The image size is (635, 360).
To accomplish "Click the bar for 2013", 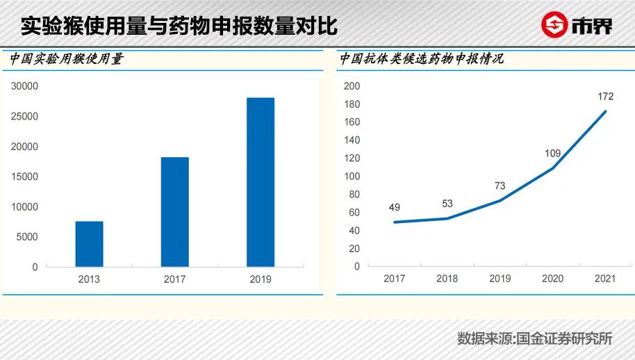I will [x=89, y=244].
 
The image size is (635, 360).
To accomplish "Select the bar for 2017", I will [x=174, y=212].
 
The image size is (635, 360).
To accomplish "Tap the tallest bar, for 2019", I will [x=261, y=182].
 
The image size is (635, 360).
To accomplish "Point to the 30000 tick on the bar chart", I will [x=24, y=86].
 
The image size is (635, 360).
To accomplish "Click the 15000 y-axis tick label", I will [x=24, y=177].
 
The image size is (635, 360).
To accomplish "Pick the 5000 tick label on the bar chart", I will [x=26, y=237].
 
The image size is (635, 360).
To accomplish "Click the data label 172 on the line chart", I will [x=605, y=96].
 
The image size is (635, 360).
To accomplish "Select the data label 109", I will [x=552, y=153].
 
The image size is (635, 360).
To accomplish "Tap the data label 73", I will [x=500, y=186].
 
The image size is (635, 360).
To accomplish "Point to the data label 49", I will [x=394, y=207].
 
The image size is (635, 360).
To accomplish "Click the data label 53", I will [x=447, y=204].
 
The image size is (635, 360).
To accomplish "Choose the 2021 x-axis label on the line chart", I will [x=605, y=279].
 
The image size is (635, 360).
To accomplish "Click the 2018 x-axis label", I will [x=447, y=279].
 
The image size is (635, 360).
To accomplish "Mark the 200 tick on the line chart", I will [x=352, y=86].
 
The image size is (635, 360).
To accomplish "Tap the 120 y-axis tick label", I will [x=352, y=158].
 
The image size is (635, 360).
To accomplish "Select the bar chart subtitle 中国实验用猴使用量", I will [x=67, y=60].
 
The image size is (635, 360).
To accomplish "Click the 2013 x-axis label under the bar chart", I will [x=89, y=279].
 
